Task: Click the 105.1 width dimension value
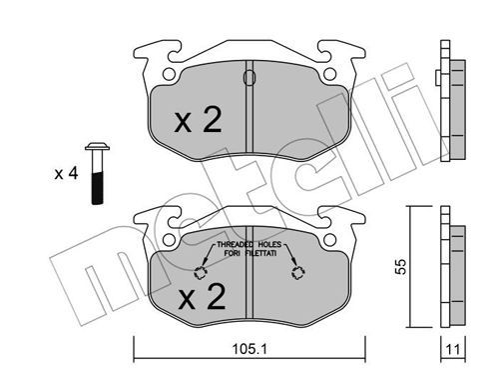pos(249,349)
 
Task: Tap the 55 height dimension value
pos(401,266)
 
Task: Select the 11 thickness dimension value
pos(453,349)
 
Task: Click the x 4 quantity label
pos(66,174)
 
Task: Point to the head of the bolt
pos(97,147)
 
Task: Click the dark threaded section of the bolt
pos(97,188)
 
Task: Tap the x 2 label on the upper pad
pos(199,120)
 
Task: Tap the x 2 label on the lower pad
pos(202,296)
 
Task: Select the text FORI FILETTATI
pos(250,253)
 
